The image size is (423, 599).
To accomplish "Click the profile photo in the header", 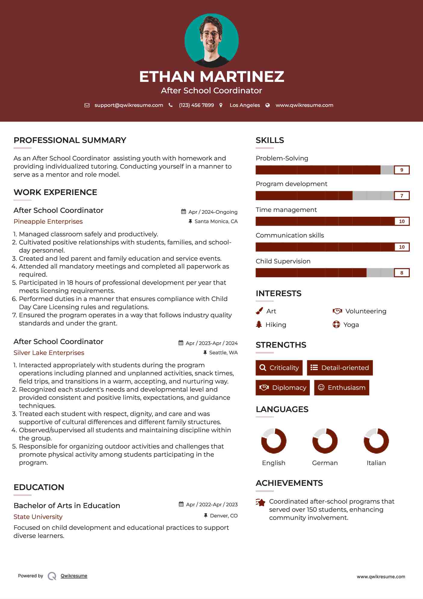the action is (211, 40).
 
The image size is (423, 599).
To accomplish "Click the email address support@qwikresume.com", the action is (129, 105).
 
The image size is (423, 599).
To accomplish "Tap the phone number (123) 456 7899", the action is (196, 105).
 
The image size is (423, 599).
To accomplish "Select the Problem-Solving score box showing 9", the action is (402, 170).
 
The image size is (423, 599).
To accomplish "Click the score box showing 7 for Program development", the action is (402, 196).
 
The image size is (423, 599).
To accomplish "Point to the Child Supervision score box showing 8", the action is (402, 273).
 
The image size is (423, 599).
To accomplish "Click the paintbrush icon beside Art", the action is (259, 311).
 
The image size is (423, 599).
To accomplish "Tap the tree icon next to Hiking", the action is (259, 324).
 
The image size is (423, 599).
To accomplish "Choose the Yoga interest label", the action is (351, 324).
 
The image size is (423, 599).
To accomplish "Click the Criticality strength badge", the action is (279, 368).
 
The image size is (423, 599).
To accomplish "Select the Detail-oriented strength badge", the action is (340, 368).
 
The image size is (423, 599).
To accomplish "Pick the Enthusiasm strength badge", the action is (342, 388).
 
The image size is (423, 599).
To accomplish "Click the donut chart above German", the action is (325, 441).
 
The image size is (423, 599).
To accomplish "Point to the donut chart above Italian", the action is (376, 441).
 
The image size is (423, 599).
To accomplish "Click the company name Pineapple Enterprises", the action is (48, 222).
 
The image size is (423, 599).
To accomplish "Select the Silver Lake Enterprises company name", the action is (49, 353).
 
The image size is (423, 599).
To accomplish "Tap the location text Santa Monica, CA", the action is (216, 222).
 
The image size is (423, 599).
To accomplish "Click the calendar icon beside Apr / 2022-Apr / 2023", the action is (181, 504).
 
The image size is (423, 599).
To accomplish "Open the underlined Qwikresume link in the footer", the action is (74, 576).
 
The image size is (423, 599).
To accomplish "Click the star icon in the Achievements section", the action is (260, 502).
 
